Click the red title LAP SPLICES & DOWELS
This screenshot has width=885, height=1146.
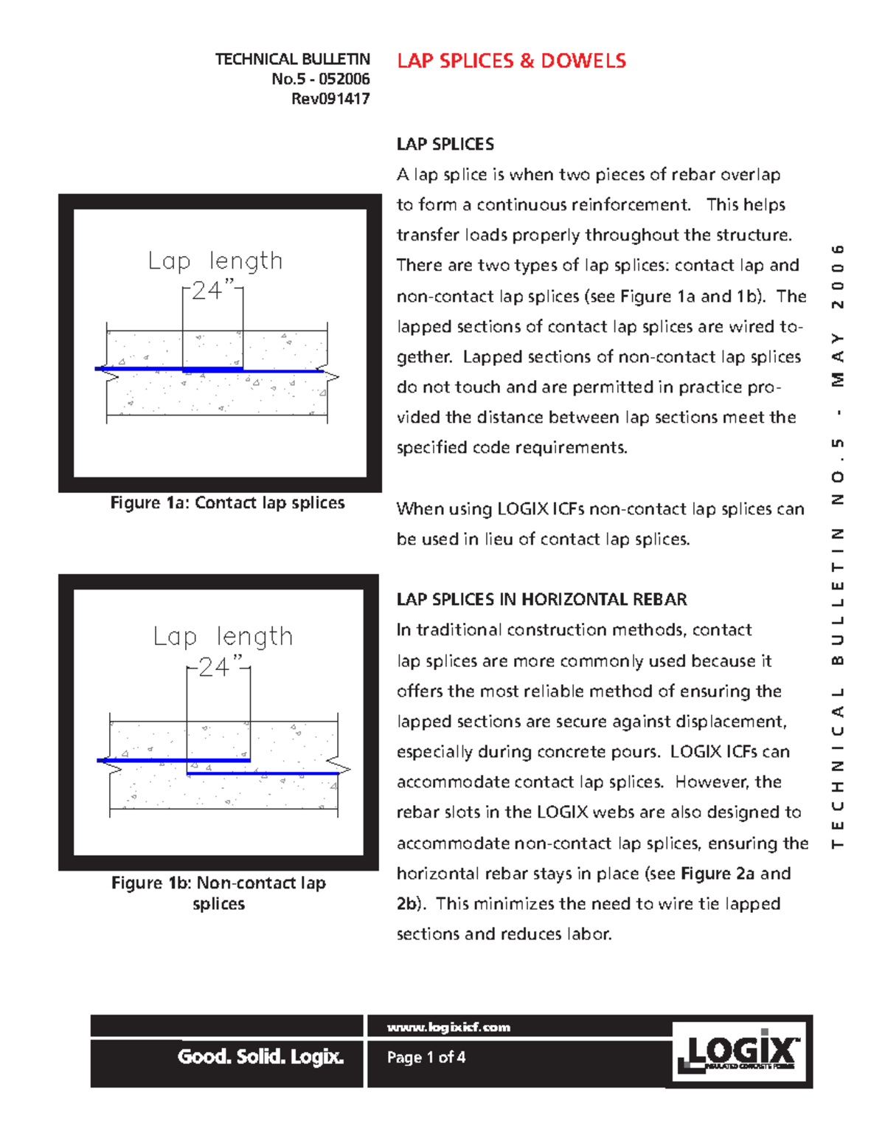pyautogui.click(x=511, y=61)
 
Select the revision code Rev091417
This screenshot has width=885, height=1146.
pyautogui.click(x=330, y=99)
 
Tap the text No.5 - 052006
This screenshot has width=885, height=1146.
pyautogui.click(x=321, y=79)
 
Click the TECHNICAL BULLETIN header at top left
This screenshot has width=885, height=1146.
pyautogui.click(x=292, y=59)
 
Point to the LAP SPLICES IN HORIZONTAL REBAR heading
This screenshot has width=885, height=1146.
pyautogui.click(x=541, y=599)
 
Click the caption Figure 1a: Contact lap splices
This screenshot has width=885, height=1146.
pyautogui.click(x=227, y=503)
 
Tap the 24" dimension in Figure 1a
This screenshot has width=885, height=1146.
pyautogui.click(x=212, y=291)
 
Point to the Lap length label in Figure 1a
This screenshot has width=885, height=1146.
pyautogui.click(x=215, y=260)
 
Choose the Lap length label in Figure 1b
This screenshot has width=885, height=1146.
pyautogui.click(x=223, y=636)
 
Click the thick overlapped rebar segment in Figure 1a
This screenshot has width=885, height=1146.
pyautogui.click(x=212, y=369)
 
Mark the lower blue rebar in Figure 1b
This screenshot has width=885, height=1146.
pyautogui.click(x=263, y=773)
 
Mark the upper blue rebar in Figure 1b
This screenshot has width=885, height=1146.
pyautogui.click(x=174, y=760)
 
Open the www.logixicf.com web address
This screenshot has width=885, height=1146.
pyautogui.click(x=448, y=1027)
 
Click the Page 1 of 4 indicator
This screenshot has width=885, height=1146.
pyautogui.click(x=426, y=1057)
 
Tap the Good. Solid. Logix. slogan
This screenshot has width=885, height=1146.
pyautogui.click(x=260, y=1057)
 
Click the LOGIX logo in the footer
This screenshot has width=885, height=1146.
pyautogui.click(x=740, y=1052)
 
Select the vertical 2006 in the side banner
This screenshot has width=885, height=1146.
pyautogui.click(x=837, y=275)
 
